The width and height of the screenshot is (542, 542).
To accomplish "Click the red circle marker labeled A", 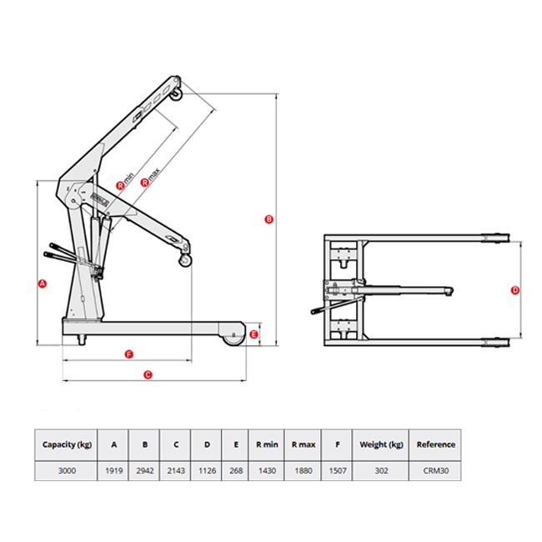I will pyautogui.click(x=43, y=284).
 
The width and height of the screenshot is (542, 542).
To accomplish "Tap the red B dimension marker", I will pyautogui.click(x=268, y=220).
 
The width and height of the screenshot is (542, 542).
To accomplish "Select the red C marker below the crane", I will pyautogui.click(x=148, y=374).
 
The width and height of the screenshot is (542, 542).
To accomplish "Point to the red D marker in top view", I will pyautogui.click(x=514, y=290).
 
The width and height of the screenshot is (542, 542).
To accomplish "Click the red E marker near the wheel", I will pyautogui.click(x=254, y=334).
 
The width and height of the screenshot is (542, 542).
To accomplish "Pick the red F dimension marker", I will pyautogui.click(x=128, y=354).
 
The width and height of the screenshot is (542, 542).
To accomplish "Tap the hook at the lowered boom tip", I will pyautogui.click(x=185, y=262).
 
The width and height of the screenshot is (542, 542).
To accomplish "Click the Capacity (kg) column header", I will pyautogui.click(x=67, y=444).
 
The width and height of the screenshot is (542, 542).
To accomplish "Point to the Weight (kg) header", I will pyautogui.click(x=380, y=444).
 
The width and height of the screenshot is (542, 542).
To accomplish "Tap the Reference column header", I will pyautogui.click(x=435, y=444).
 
